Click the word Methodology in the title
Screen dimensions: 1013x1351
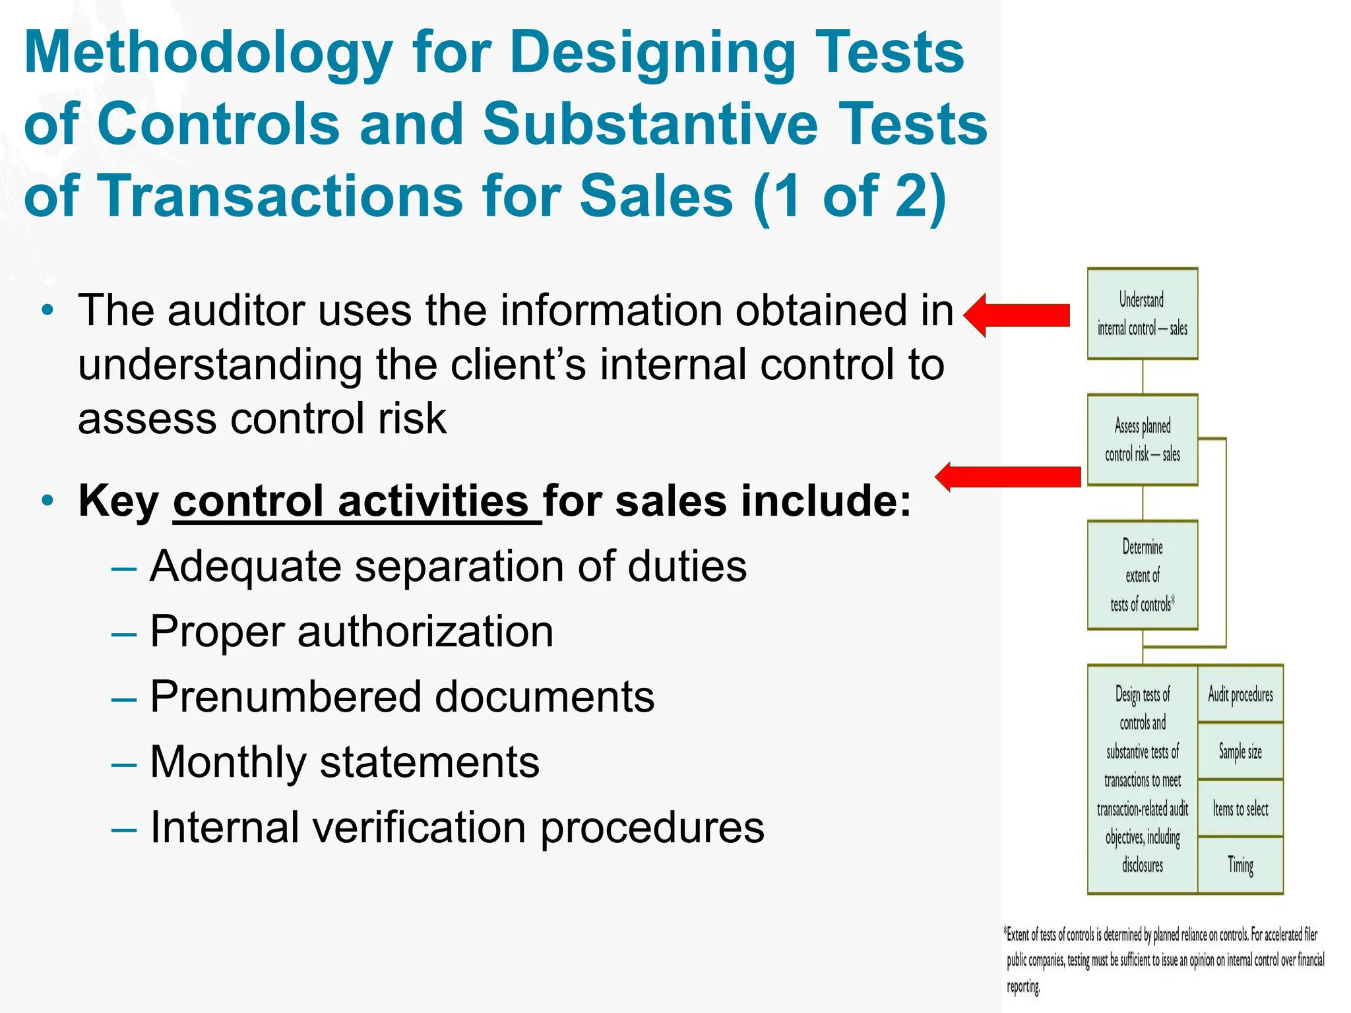[208, 54]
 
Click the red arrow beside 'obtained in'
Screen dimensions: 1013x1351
[1017, 315]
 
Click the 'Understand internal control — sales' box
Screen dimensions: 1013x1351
[1142, 313]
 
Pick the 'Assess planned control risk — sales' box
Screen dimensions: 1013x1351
[1142, 440]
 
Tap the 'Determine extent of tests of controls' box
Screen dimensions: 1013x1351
[1142, 575]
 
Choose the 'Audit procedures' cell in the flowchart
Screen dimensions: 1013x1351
[1240, 694]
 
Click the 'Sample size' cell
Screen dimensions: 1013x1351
[1240, 751]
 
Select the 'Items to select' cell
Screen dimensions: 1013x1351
[1240, 809]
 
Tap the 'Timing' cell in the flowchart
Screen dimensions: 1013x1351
[1240, 865]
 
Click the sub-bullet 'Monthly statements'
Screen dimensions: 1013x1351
[344, 762]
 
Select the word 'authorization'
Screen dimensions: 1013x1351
[425, 632]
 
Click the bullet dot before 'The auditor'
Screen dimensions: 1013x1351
[47, 311]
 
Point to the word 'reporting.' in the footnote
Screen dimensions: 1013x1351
[1023, 987]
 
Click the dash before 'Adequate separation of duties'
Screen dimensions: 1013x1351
[124, 568]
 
